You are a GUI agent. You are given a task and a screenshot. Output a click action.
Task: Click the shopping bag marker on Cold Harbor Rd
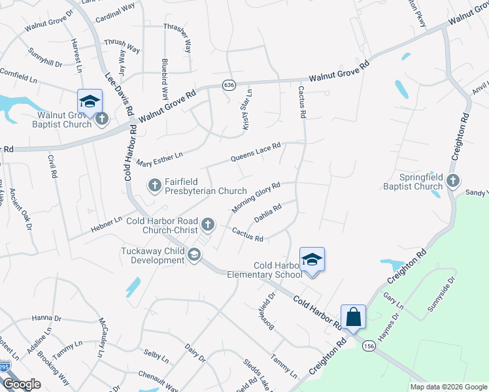[353, 318]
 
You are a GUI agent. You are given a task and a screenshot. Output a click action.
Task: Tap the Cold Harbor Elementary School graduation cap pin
[312, 260]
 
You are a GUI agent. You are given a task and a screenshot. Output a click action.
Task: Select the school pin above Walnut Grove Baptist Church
[90, 101]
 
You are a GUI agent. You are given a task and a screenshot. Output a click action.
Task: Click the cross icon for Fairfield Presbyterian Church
[154, 186]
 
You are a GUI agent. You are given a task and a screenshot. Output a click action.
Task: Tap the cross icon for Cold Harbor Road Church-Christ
[208, 225]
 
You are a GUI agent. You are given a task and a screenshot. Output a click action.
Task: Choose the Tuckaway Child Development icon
[194, 255]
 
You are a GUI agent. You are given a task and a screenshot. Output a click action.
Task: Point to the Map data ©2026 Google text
[448, 387]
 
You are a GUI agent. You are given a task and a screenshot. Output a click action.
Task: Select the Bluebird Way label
[165, 78]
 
